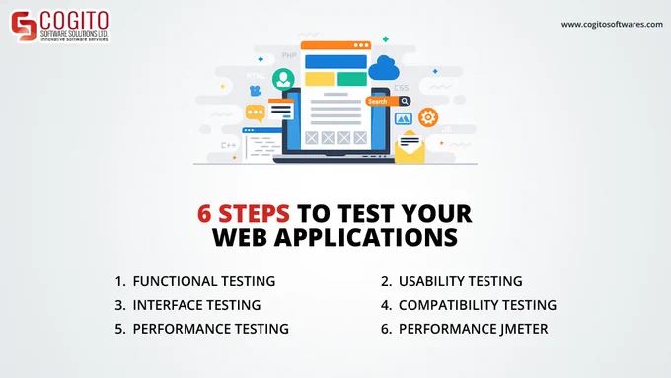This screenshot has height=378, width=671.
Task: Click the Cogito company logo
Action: click(60, 26)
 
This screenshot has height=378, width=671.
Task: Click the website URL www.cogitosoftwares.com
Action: click(612, 25)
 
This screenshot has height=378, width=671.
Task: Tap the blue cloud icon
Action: click(384, 68)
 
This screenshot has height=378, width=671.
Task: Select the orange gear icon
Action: click(428, 117)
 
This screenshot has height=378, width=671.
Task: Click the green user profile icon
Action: click(283, 79)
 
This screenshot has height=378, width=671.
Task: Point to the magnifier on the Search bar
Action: click(405, 101)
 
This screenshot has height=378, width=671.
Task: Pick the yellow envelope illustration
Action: click(410, 147)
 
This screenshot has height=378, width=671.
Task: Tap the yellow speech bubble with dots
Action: click(255, 113)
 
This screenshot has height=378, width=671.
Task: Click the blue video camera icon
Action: click(255, 91)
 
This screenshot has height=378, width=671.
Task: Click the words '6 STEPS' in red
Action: click(244, 213)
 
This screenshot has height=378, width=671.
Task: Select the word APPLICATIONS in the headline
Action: click(366, 237)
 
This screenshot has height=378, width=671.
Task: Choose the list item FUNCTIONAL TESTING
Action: click(204, 281)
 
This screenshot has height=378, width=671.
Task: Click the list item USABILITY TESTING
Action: click(461, 281)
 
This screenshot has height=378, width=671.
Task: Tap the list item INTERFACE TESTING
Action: click(196, 305)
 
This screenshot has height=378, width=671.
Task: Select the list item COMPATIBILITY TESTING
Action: click(478, 305)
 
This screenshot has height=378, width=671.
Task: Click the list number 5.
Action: click(119, 329)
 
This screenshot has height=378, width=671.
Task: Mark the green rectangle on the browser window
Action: click(351, 79)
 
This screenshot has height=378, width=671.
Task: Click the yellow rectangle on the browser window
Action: click(320, 79)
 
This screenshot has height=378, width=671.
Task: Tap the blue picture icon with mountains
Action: click(404, 118)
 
